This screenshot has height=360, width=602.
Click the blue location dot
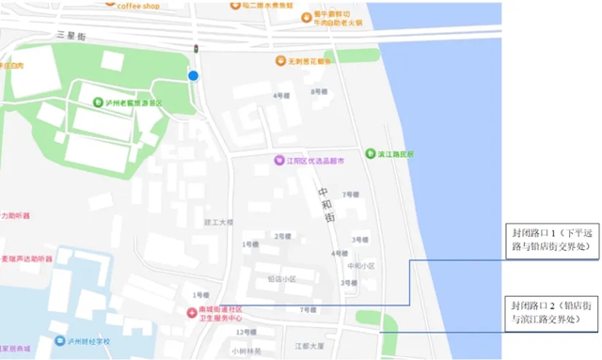193,75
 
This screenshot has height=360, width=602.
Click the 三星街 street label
71,35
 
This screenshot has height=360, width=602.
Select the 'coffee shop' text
137,6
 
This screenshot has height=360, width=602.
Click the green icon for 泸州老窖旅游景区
98,102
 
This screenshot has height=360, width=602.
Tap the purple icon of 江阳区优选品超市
278,161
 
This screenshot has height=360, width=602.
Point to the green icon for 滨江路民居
369,153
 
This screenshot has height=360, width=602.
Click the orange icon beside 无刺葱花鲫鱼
279,61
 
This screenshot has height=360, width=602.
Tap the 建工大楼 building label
217,223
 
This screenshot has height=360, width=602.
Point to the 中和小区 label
361,265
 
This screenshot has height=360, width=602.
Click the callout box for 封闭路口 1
555,239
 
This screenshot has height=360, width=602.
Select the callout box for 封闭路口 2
555,313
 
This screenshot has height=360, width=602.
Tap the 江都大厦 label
309,345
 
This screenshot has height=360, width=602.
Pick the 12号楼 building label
246,332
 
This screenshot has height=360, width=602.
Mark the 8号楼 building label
317,92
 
